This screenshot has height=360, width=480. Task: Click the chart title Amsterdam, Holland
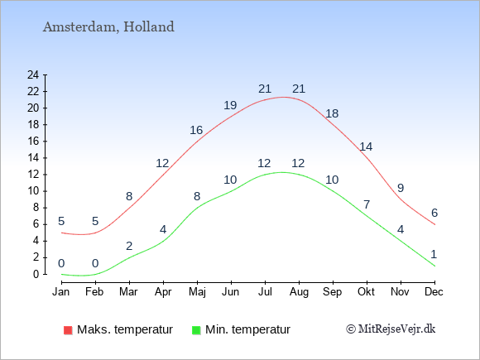pyautogui.click(x=108, y=27)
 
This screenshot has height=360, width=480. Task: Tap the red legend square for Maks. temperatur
pyautogui.click(x=68, y=330)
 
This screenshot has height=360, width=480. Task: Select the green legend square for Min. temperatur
pyautogui.click(x=196, y=330)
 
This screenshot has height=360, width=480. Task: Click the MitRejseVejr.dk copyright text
pyautogui.click(x=391, y=329)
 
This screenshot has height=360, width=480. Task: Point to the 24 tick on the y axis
pyautogui.click(x=33, y=74)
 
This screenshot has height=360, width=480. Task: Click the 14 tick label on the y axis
pyautogui.click(x=33, y=157)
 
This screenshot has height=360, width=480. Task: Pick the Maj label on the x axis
pyautogui.click(x=197, y=292)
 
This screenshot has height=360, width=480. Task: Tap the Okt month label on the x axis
pyautogui.click(x=366, y=292)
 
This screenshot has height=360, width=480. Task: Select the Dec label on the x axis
pyautogui.click(x=434, y=292)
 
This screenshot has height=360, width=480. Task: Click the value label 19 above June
pyautogui.click(x=230, y=105)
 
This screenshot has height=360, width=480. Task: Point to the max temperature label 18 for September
pyautogui.click(x=332, y=113)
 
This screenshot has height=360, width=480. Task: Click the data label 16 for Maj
pyautogui.click(x=196, y=130)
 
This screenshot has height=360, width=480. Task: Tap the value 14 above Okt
pyautogui.click(x=366, y=147)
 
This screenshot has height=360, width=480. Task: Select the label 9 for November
pyautogui.click(x=401, y=188)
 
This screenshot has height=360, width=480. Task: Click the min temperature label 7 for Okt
pyautogui.click(x=367, y=204)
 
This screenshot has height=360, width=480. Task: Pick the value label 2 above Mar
pyautogui.click(x=129, y=246)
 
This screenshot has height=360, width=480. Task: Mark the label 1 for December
pyautogui.click(x=434, y=254)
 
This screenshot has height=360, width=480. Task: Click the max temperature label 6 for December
pyautogui.click(x=434, y=213)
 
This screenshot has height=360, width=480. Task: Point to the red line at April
pyautogui.click(x=164, y=175)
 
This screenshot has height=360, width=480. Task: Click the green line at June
pyautogui.click(x=231, y=191)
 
